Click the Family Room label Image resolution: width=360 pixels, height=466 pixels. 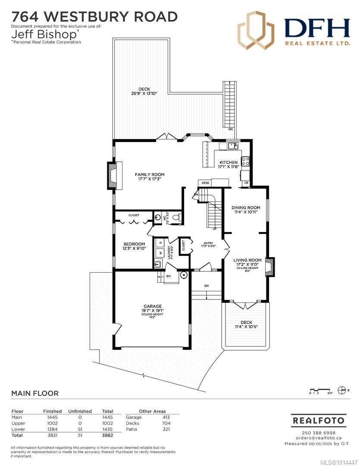coord(149,175)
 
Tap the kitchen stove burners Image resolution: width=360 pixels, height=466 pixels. coord(246,161)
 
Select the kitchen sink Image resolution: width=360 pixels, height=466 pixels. coord(233,146)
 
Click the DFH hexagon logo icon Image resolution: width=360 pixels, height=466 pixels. coord(256,30)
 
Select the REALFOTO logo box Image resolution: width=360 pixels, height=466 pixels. coord(318,420)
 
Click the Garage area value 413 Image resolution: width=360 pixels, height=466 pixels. coord(166,417)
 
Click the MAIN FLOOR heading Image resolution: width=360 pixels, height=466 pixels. coord(34,393)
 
